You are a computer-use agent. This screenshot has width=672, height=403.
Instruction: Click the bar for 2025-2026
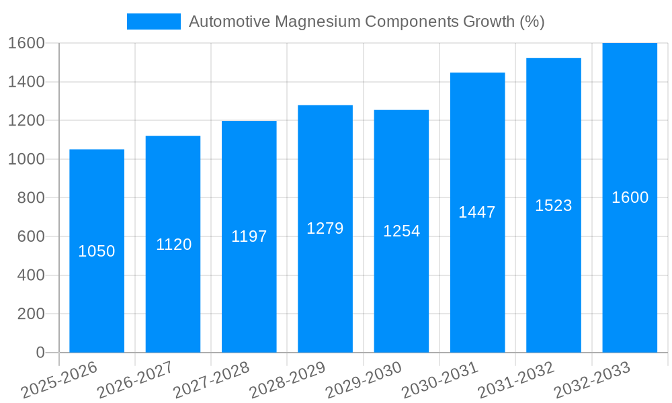point(97,282)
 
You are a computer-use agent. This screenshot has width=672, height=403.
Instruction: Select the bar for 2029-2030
point(401,282)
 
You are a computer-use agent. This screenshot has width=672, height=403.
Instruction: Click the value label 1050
point(97,251)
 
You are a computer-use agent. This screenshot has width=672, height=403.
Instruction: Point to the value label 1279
point(325,228)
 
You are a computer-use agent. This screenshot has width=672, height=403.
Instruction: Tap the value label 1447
point(477,212)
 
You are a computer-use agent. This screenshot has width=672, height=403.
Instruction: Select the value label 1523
point(554,206)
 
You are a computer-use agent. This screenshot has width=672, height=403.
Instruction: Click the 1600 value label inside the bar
point(630,197)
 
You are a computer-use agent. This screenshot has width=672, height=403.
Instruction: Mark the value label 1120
point(173,244)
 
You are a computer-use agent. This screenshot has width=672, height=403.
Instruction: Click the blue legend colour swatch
point(154,21)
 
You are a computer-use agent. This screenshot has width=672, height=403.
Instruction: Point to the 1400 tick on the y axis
point(26,82)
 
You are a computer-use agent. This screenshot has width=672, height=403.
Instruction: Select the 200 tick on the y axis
point(31,314)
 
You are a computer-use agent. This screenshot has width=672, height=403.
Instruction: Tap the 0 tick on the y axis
point(40,353)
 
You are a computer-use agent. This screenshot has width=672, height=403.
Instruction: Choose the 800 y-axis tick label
point(31,198)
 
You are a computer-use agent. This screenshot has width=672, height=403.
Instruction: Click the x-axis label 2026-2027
point(135,380)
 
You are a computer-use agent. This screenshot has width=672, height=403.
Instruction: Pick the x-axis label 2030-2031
point(440,380)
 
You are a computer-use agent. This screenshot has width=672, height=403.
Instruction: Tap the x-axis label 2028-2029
point(288,380)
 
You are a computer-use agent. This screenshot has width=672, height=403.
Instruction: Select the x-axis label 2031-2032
point(516,380)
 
